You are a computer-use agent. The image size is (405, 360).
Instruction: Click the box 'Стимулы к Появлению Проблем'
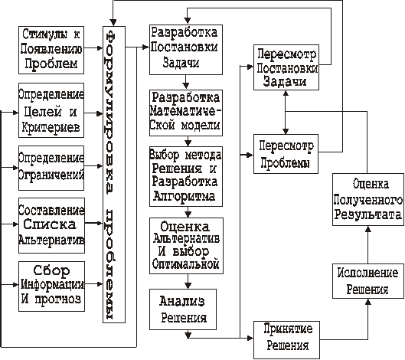pos(51,50)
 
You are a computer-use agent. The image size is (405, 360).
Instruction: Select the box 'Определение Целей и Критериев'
pos(51,110)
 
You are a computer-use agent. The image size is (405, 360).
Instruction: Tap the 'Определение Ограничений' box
pos(51,168)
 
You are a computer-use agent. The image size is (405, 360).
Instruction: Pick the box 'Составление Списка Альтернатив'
pos(51,225)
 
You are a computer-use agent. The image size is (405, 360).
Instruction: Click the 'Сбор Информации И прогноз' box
pos(51,286)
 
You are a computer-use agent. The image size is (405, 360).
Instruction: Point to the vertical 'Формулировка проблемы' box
pos(114,175)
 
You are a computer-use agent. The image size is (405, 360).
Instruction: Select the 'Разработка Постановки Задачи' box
pos(186,50)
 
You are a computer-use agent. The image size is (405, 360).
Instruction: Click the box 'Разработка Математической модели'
pos(186,113)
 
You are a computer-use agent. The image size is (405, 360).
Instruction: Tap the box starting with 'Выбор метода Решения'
pos(186,176)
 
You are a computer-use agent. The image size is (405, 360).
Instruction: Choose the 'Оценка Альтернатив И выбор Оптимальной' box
pos(186,246)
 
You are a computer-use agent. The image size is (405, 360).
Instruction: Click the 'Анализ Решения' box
pos(183,309)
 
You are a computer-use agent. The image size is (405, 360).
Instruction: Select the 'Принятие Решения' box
pos(286,340)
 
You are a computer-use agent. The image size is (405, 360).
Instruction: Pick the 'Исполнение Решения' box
pos(368,281)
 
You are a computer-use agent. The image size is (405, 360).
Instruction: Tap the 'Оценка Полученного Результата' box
pos(368,199)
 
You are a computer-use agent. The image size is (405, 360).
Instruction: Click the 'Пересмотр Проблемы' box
pos(286,154)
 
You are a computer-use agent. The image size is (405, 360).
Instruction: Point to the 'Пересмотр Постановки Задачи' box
pos(286,67)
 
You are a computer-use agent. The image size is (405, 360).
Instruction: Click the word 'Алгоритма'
pos(185,196)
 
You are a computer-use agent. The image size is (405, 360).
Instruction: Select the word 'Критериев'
pos(51,127)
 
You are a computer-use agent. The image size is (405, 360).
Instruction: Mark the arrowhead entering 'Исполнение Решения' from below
pos(368,302)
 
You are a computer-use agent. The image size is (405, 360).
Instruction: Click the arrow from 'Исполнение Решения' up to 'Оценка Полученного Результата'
pos(368,245)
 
